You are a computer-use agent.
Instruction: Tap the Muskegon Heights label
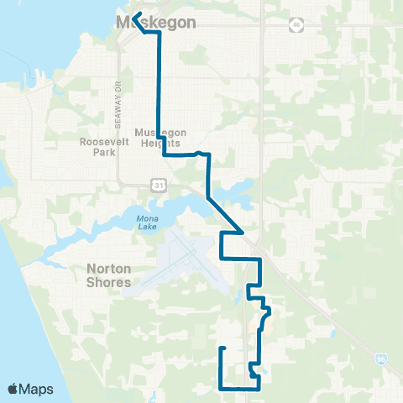click(157, 138)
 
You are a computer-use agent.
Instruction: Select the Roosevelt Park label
click(102, 148)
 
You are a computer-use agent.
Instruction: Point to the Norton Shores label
click(110, 276)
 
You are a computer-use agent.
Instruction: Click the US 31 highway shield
click(157, 184)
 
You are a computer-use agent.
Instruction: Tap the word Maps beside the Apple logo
click(37, 389)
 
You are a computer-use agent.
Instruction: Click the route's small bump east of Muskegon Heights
click(200, 153)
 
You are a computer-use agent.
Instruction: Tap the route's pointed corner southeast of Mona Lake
click(243, 232)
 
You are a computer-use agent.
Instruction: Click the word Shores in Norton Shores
click(110, 283)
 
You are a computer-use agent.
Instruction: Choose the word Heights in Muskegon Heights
click(157, 144)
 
